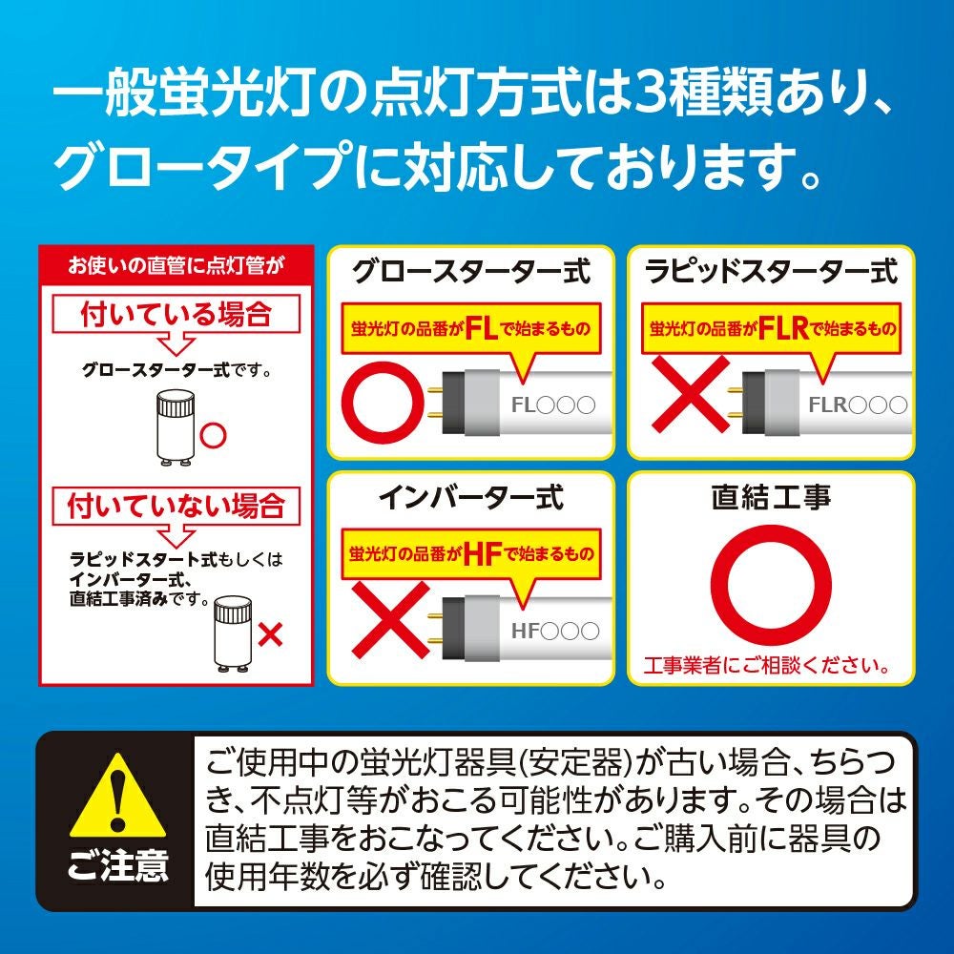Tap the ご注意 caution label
[117, 866]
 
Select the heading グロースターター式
[471, 271]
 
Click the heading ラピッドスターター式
[771, 271]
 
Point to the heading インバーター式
[471, 498]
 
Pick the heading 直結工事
[771, 498]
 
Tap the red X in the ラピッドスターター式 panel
[691, 394]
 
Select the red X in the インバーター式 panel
[390, 620]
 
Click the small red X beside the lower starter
[270, 635]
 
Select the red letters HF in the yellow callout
[483, 554]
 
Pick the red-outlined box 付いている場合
[176, 314]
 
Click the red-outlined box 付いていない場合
[176, 506]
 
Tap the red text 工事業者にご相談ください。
[767, 665]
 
